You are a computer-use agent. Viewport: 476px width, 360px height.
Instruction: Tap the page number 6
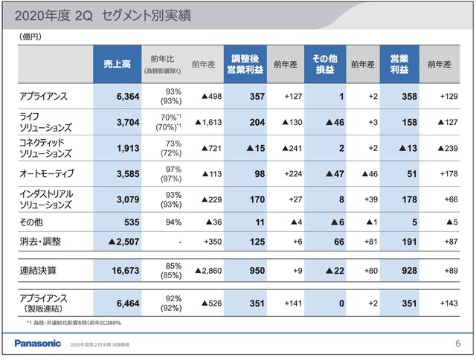[x=457, y=344]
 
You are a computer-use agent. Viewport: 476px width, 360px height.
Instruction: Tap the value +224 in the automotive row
[x=286, y=173]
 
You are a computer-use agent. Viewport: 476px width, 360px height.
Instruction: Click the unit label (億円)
[x=30, y=36]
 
